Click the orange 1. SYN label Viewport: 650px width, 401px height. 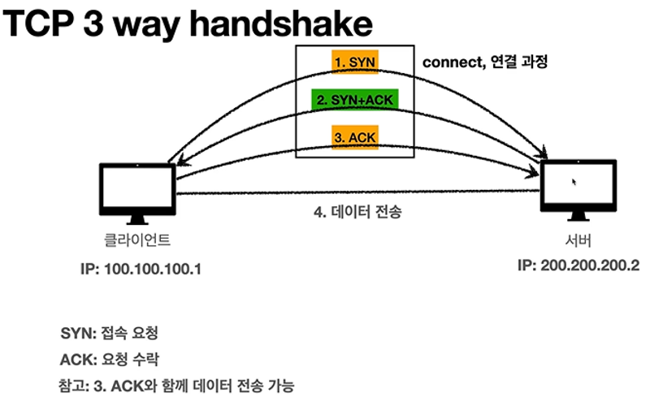355,62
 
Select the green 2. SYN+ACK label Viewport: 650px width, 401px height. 354,100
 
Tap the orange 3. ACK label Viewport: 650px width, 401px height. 355,137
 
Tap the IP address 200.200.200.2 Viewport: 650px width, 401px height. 578,266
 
